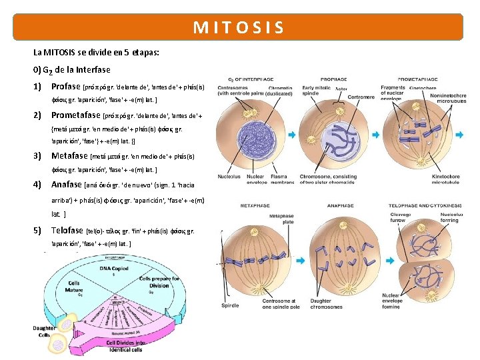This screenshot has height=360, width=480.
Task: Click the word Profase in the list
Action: click(65, 87)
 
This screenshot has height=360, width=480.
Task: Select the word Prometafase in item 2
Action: click(76, 115)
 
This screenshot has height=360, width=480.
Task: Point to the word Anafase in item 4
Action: click(67, 184)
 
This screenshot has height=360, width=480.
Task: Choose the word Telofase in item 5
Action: click(68, 231)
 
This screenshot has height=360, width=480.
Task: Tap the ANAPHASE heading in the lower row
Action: click(340, 205)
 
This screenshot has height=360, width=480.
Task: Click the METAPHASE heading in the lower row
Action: click(255, 205)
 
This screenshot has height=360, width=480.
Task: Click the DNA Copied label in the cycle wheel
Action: click(111, 268)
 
